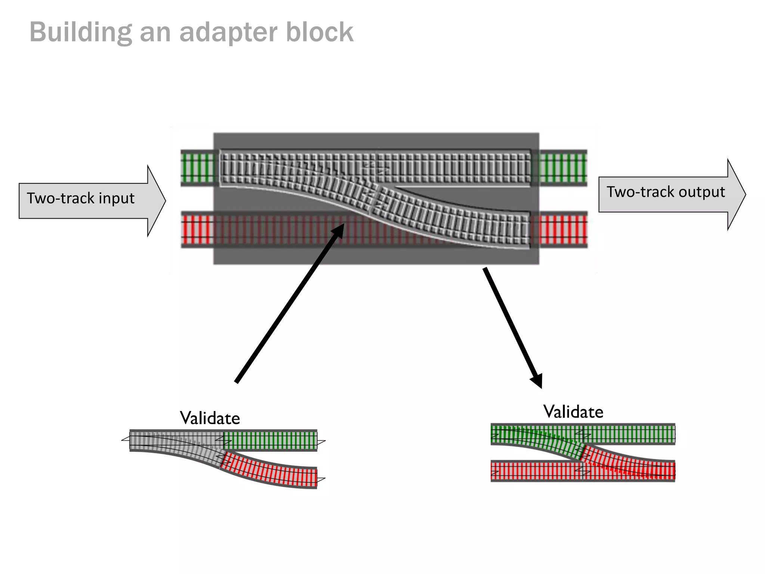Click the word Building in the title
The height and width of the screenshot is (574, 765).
[x=80, y=33]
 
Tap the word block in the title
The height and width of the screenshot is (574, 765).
[x=319, y=32]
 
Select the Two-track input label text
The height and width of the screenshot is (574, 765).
[x=81, y=198]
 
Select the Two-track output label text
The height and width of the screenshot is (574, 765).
[x=665, y=192]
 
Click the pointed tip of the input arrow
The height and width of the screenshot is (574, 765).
[x=164, y=201]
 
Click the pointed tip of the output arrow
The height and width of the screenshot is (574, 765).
[x=744, y=195]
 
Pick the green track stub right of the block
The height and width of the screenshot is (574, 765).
[x=563, y=168]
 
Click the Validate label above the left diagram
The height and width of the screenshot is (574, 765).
[x=210, y=418]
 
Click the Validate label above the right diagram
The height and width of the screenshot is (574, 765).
[x=573, y=412]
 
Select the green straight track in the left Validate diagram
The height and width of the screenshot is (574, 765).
[x=270, y=440]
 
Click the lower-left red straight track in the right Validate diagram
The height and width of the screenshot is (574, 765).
[x=536, y=471]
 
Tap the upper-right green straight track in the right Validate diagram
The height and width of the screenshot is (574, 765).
[x=629, y=434]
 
